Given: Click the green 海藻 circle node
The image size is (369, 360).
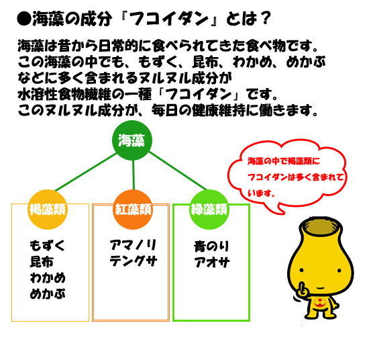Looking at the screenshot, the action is point(132,140).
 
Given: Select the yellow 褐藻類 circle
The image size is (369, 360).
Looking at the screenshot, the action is point(48,210).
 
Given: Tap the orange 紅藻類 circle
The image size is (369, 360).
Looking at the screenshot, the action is point(133,210).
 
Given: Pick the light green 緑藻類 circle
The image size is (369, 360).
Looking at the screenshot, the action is point(209,210).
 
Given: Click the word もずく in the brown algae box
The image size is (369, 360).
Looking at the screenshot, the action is point(48,246).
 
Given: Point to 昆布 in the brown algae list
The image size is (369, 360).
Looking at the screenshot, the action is point(42,262).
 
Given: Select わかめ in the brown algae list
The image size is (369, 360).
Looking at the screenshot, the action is point(48,278).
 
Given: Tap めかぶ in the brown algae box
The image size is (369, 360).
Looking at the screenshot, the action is point(48,294).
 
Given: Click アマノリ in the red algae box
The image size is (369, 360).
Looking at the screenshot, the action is point(133,245).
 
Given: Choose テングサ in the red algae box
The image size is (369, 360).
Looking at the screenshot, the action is point(134,261).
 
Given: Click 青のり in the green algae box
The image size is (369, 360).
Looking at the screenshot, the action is point(211,246).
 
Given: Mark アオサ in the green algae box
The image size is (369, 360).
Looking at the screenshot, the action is point(212,262).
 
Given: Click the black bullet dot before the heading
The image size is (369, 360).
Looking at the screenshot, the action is point(24,19).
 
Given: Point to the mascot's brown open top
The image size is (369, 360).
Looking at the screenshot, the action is point(320,227).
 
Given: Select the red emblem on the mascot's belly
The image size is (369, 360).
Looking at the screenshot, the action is point(320,303).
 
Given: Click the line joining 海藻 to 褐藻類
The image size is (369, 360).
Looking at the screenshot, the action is point(86,172).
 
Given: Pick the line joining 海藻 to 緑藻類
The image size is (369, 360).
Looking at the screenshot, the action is point(178,171).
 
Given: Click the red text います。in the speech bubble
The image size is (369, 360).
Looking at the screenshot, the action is point(261,193).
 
